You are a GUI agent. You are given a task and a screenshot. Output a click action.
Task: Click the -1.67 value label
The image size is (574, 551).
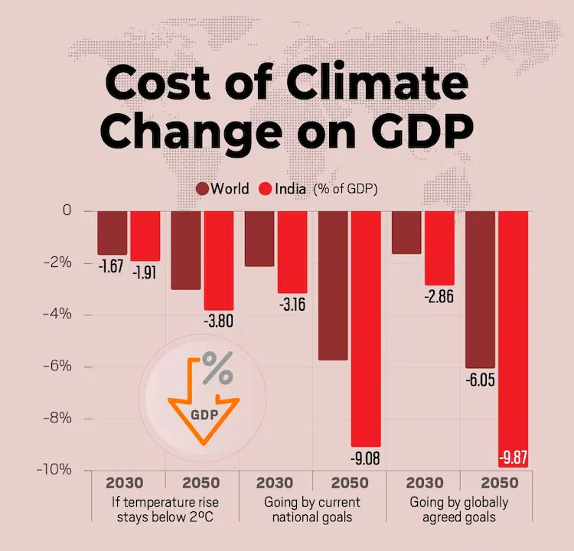tap(112, 268)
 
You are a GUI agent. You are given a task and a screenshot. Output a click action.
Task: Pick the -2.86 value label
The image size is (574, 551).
tap(440, 297)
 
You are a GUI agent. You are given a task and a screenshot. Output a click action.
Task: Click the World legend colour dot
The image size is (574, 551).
tap(203, 189)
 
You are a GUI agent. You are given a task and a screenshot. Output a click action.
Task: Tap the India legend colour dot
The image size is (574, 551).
tap(267, 189)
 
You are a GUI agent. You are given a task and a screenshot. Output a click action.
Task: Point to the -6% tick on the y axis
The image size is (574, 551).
tap(57, 367)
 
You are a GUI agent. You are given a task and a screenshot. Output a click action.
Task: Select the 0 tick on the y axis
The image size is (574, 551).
tap(66, 210)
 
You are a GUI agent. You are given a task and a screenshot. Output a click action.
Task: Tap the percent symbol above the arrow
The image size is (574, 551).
tap(217, 372)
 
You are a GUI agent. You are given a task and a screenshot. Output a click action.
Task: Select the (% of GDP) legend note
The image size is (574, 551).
tap(345, 189)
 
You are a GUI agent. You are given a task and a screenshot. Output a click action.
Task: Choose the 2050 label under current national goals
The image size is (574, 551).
tap(351, 484)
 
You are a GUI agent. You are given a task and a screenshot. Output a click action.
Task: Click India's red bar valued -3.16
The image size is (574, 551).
tap(292, 252)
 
